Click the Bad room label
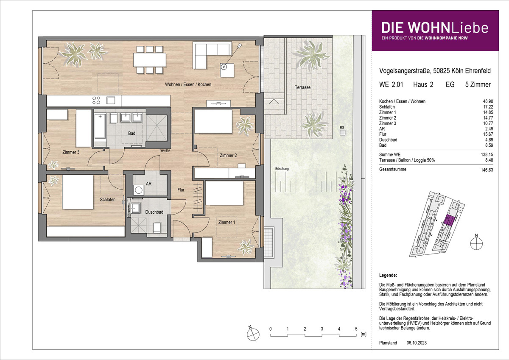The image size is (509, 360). point(131,133)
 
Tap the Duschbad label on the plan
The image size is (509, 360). point(154,212)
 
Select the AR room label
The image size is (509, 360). point(149,184)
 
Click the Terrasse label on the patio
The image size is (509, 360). point(302,87)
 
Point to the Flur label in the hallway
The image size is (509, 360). point(181,190)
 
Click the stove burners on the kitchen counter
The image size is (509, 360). point(96,100)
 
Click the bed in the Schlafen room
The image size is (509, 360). point(78,192)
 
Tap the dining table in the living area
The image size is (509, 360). point(150,59)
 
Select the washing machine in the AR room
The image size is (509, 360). point(138,190)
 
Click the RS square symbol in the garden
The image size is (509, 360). point(342,132)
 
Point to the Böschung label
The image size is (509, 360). point(282,169)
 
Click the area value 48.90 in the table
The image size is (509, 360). point(488,101)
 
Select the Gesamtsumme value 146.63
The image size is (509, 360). point(487,170)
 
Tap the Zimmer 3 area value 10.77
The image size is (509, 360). point(488,123)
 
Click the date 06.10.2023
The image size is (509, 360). point(417,343)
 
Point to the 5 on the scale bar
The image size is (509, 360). point(356,329)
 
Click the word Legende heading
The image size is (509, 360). point(388,275)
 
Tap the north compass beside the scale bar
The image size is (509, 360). point(253,334)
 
